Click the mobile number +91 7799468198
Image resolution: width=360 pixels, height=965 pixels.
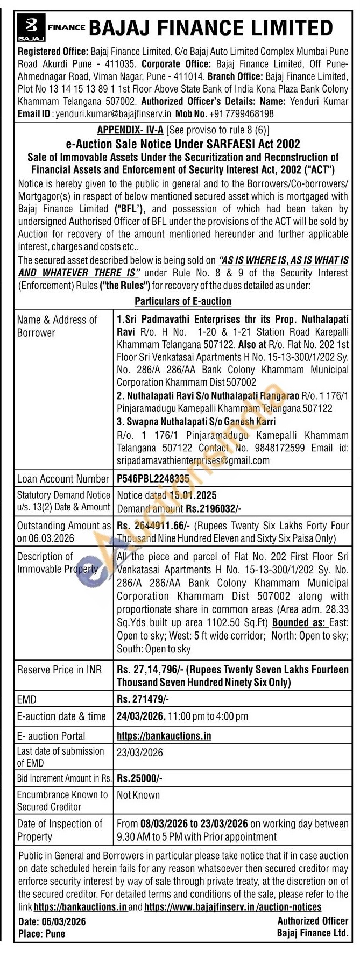241,114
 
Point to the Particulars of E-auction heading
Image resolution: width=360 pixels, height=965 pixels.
183,301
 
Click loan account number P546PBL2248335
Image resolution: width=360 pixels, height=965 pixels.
153,478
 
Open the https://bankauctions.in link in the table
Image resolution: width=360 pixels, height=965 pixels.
164,735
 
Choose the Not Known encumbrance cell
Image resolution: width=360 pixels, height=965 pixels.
138,794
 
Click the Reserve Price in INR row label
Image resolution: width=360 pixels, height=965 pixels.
59,670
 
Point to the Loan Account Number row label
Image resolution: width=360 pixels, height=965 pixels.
63,479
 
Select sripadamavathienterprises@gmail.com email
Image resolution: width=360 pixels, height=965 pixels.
193,460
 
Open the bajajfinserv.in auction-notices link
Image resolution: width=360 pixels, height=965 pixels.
233,906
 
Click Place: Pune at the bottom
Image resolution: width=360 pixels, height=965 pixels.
41,934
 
